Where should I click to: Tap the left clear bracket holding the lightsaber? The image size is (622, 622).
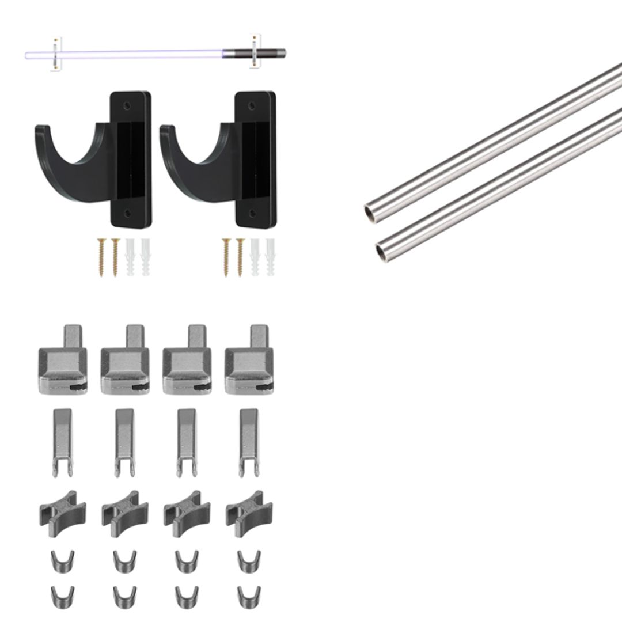(x=56, y=55)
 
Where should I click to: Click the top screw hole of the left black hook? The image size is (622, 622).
(x=127, y=106)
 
